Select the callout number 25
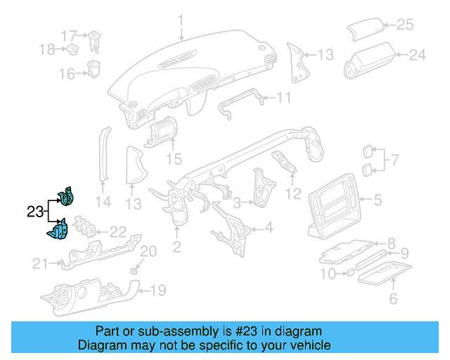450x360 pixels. pos(406,25)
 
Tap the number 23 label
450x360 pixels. pos(34,211)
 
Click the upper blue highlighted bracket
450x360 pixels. pos(66,198)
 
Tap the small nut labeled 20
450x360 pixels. pos(134,269)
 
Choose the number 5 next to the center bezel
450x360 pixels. pos(377,200)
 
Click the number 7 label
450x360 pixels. pos(394,160)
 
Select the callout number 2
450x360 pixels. pos(176,246)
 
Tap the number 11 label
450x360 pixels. pos(283,97)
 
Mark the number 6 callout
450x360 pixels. pos(393,300)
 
